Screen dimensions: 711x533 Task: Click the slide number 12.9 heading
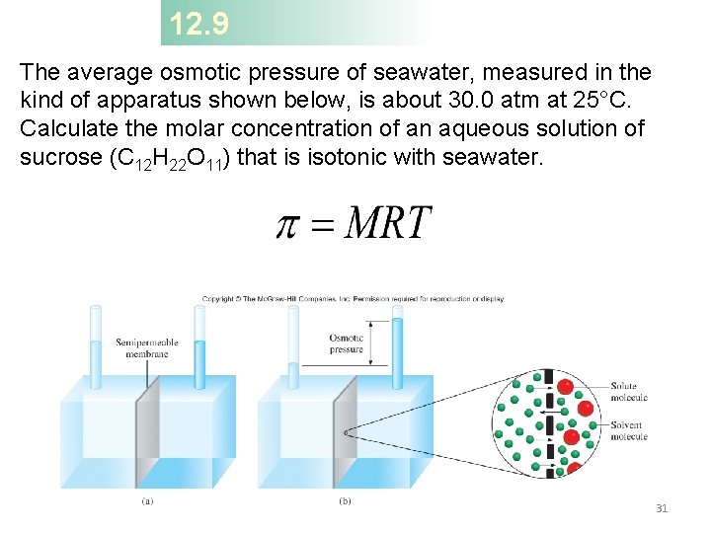(x=198, y=24)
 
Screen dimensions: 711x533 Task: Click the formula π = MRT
(x=354, y=223)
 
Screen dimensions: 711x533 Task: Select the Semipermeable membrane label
(x=146, y=348)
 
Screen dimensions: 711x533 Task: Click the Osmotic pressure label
(x=347, y=343)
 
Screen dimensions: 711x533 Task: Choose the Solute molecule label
(x=629, y=392)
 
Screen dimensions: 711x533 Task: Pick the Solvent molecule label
(x=629, y=431)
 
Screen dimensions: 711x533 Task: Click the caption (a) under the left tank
(x=147, y=500)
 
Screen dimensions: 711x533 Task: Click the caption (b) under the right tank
(x=345, y=500)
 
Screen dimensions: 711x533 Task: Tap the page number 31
(x=662, y=508)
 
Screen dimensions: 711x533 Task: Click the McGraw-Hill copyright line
(x=353, y=298)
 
